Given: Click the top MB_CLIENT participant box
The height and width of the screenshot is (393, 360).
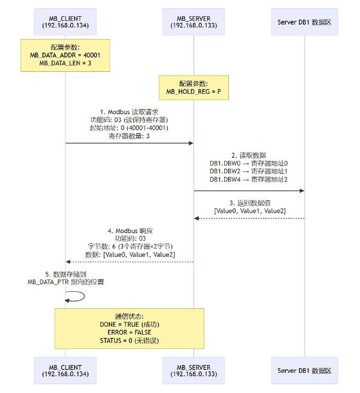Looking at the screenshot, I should tap(65, 21).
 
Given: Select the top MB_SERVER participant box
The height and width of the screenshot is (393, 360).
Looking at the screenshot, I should tap(193, 21).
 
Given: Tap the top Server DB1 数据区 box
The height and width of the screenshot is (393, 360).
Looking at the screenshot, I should tap(304, 21).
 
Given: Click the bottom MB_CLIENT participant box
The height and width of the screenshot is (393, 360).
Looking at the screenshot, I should tap(65, 370).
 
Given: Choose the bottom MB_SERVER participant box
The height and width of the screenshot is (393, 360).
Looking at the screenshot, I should tap(193, 370).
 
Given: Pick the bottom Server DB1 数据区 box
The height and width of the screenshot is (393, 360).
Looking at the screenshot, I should tap(304, 370).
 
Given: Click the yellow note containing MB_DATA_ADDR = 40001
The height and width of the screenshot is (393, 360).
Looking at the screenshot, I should tap(65, 55).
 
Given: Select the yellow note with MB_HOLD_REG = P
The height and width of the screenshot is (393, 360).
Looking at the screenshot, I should tap(193, 87).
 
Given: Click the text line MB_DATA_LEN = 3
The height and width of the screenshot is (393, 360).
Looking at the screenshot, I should tap(65, 63).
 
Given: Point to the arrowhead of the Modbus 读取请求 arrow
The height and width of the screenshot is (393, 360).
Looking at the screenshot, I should tap(191, 143).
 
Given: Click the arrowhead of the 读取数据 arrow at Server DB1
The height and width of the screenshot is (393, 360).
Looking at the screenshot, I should tap(302, 191).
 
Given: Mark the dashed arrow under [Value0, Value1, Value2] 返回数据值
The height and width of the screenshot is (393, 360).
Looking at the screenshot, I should tap(249, 218).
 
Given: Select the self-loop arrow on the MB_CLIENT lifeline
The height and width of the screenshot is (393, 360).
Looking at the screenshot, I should tap(79, 296).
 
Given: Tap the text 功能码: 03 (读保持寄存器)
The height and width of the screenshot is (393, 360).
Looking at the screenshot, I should tap(129, 120).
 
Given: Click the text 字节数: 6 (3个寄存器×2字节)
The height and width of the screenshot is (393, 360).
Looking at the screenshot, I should tap(129, 246).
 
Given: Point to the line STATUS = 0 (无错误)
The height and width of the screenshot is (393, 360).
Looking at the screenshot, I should tap(129, 341).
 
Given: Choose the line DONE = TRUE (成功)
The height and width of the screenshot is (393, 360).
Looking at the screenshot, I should tap(129, 325).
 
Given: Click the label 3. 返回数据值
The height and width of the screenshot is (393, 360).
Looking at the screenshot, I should tap(249, 202).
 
